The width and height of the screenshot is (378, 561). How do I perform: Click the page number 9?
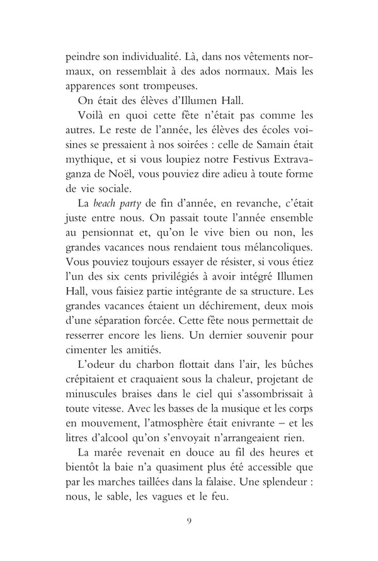(190, 538)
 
